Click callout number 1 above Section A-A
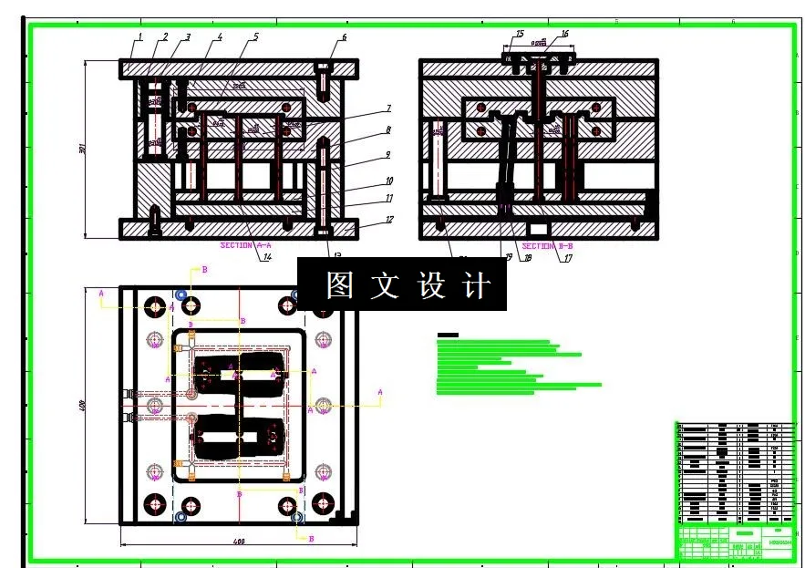click(140, 36)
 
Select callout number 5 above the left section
click(255, 36)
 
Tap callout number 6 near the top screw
click(344, 37)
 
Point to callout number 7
click(387, 108)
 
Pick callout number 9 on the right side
click(387, 155)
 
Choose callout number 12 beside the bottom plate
click(389, 220)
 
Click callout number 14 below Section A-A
click(267, 257)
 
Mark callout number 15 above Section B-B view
click(520, 34)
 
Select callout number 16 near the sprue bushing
click(565, 34)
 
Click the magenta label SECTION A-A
click(246, 245)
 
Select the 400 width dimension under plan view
click(239, 542)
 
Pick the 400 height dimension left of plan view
click(81, 404)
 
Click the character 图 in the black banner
click(339, 285)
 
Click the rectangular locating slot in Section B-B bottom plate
click(539, 227)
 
